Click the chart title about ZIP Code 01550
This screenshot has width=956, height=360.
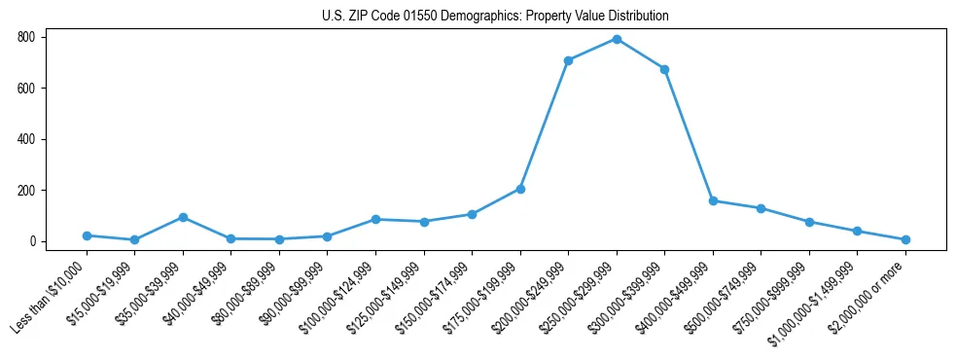click(495, 17)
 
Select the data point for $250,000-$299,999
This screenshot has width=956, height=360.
click(617, 39)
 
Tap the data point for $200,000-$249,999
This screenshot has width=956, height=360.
click(568, 60)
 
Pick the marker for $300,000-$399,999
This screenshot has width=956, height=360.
click(664, 69)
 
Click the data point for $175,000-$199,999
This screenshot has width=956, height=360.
click(520, 189)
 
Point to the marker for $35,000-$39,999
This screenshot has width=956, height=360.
click(183, 217)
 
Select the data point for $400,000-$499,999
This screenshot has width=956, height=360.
click(713, 200)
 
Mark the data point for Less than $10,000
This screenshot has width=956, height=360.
click(87, 235)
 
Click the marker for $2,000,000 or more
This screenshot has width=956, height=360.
click(905, 239)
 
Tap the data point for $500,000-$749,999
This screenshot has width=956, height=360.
click(761, 208)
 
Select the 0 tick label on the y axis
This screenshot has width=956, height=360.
click(32, 241)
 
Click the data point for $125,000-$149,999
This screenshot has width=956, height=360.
click(424, 222)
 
